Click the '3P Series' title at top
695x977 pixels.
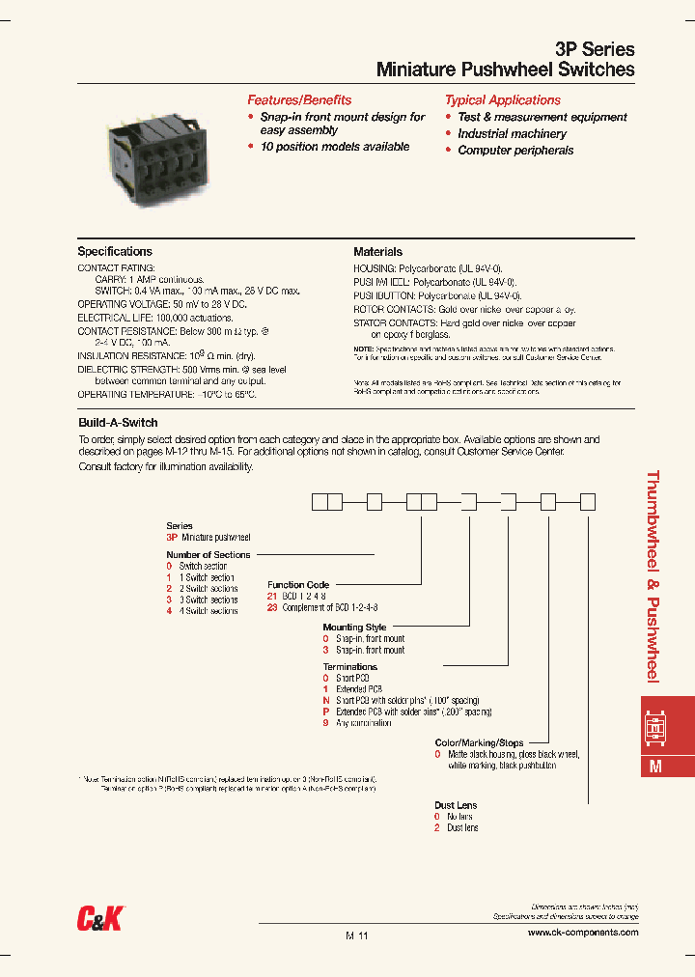tap(596, 49)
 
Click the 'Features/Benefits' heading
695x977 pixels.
tap(299, 100)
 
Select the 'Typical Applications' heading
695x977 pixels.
tap(502, 100)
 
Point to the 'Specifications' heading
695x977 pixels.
tap(115, 252)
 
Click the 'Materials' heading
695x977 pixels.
tap(377, 252)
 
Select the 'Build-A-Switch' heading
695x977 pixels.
tap(118, 423)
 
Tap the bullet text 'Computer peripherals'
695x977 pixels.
tap(515, 151)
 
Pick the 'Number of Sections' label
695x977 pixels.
tap(208, 555)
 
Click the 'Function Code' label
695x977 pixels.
tap(298, 585)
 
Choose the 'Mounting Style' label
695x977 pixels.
tap(354, 628)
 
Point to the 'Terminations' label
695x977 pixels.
tap(350, 667)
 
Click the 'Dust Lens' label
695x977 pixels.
tap(456, 805)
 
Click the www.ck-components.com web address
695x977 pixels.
tap(583, 933)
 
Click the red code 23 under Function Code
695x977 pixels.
tap(272, 608)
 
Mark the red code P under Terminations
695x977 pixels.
tap(326, 712)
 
